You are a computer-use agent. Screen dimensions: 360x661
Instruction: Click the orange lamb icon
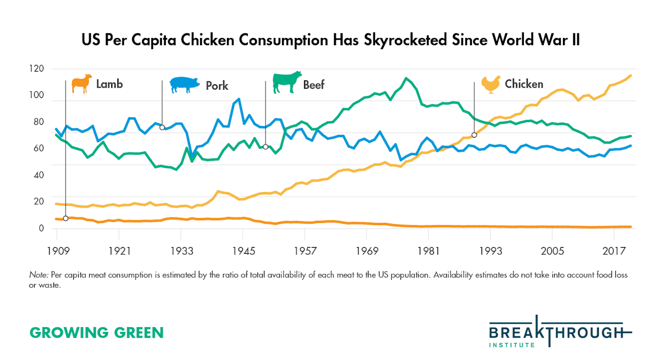click(82, 84)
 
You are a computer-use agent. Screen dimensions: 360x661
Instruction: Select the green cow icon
click(287, 82)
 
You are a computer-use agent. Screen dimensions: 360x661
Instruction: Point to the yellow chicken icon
click(490, 84)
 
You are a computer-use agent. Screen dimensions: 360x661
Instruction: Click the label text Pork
click(217, 85)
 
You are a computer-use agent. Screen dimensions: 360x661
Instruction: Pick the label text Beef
click(314, 85)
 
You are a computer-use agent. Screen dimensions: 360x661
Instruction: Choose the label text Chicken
click(524, 84)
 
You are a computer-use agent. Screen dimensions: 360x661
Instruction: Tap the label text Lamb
click(109, 84)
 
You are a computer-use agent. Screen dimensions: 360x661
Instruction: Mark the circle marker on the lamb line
click(66, 219)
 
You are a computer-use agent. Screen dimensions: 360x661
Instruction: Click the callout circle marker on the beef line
click(266, 147)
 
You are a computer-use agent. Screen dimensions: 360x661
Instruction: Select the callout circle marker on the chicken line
click(474, 135)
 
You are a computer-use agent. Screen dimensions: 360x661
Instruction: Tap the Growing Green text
click(96, 333)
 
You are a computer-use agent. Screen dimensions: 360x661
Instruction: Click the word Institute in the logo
click(512, 345)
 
